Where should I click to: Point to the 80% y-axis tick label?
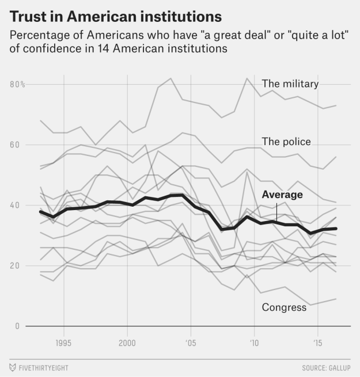coord(17,85)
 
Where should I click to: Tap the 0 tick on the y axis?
coord(17,326)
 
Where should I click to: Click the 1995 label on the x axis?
coord(63,343)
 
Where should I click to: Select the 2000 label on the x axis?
coord(127,343)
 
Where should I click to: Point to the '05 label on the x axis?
coord(190,343)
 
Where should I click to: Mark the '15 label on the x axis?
coord(316,343)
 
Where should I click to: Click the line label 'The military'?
coord(290,84)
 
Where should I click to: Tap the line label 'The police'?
coord(286,142)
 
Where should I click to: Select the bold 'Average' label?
coord(282,195)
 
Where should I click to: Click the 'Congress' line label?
coord(284,307)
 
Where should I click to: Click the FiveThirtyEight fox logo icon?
coord(12,367)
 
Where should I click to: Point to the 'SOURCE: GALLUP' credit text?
coord(326,367)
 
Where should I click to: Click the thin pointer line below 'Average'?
coord(276,212)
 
